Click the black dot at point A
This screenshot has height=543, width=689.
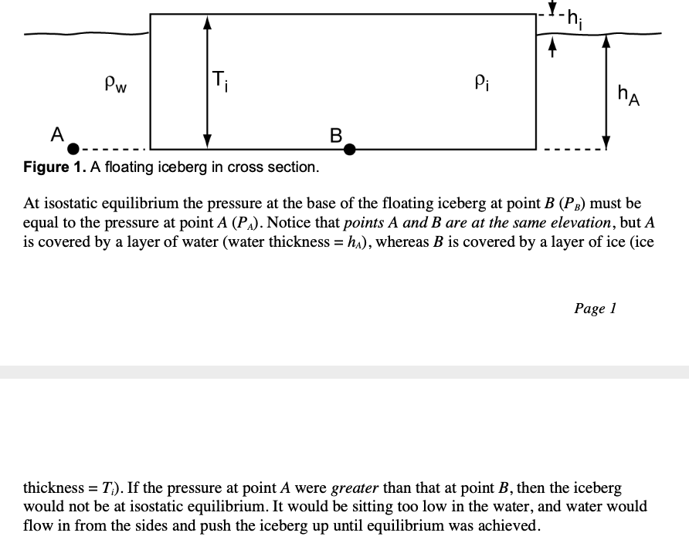coord(73,148)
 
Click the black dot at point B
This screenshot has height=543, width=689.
coord(349,148)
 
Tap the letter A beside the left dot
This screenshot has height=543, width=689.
coord(57,133)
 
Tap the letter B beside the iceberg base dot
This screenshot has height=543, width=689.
coord(335,135)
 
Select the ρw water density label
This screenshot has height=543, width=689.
coord(117,83)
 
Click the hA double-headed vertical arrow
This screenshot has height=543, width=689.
coord(606,91)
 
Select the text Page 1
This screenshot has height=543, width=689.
coord(595,309)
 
